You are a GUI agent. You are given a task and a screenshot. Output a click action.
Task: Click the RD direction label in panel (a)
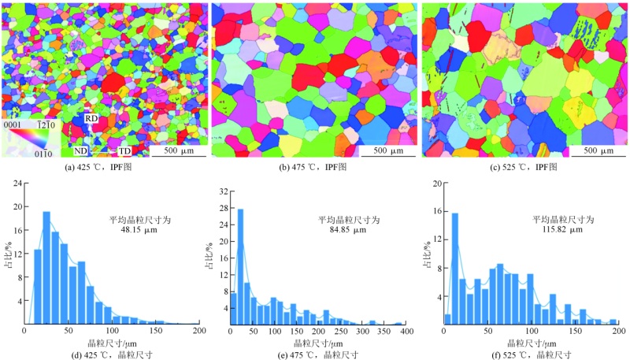pos(91,118)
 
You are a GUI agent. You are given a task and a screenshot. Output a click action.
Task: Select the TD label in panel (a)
pos(124,150)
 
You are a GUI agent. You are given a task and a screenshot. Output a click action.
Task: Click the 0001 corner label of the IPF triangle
pos(13,124)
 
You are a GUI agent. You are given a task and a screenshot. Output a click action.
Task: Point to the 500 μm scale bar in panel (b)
pos(384,150)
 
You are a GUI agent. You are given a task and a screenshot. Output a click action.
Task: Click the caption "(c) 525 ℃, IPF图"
pos(524,165)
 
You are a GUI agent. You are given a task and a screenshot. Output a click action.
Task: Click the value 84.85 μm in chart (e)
pos(342,230)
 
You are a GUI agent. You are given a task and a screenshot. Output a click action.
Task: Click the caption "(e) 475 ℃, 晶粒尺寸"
pos(319,353)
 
